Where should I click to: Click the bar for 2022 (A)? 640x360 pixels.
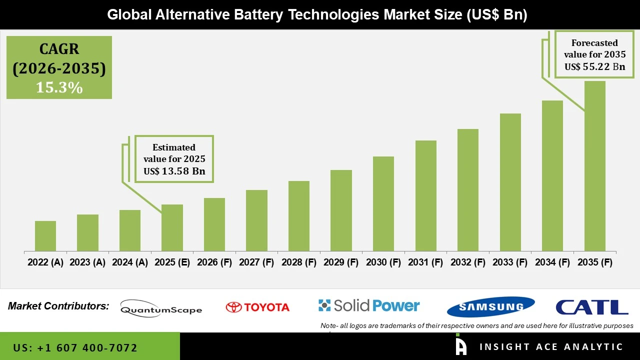[x=45, y=236]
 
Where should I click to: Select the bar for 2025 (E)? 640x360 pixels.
[x=172, y=227]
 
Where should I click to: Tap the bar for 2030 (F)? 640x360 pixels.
[x=383, y=203]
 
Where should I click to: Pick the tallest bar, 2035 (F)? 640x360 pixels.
[x=594, y=166]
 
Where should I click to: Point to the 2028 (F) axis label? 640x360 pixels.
[x=299, y=262]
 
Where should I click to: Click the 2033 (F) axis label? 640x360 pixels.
[x=510, y=262]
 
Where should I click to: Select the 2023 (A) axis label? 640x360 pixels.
[x=87, y=262]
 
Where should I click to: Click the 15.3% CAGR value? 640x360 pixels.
[x=59, y=88]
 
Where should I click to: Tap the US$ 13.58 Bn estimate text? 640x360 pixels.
[x=174, y=171]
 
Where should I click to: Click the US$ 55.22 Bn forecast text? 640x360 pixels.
[x=594, y=66]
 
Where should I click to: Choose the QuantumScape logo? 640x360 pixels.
[x=161, y=308]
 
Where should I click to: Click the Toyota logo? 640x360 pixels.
[x=257, y=307]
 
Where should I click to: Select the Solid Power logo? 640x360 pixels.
[x=369, y=305]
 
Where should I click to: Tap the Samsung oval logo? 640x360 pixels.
[x=490, y=306]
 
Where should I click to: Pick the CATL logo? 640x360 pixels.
[x=591, y=307]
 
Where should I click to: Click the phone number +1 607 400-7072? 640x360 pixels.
[x=75, y=347]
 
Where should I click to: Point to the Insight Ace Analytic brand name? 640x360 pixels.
[x=551, y=347]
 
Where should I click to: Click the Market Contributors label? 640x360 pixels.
[x=58, y=306]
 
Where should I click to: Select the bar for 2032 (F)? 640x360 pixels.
[x=467, y=190]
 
